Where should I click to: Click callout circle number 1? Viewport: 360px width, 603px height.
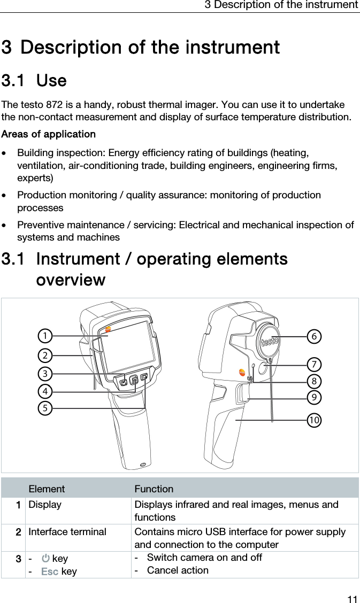click(x=45, y=336)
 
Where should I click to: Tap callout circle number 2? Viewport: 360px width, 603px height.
click(x=45, y=355)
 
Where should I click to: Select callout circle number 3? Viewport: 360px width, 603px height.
click(x=45, y=373)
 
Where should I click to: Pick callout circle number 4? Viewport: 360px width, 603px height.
click(x=45, y=391)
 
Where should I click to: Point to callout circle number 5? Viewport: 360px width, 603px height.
click(x=45, y=408)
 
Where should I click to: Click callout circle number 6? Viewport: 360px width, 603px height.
click(x=315, y=336)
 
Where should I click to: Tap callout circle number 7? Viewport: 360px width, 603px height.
click(x=315, y=365)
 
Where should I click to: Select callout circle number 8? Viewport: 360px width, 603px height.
click(x=315, y=381)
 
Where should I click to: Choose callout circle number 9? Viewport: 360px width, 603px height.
click(x=315, y=398)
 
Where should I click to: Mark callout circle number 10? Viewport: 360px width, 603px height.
click(x=314, y=420)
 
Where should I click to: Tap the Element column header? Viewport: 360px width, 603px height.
click(x=47, y=489)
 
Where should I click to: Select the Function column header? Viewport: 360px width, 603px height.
click(x=154, y=489)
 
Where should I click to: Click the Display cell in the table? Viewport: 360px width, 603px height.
click(x=45, y=505)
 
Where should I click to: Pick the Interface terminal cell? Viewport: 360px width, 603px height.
click(x=67, y=532)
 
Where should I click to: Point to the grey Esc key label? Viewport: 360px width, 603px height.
click(x=50, y=571)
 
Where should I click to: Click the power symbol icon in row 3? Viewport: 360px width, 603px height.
click(x=45, y=558)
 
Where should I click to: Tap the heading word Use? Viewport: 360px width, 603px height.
click(x=51, y=81)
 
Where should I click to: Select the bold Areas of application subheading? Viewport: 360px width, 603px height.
click(x=49, y=134)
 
